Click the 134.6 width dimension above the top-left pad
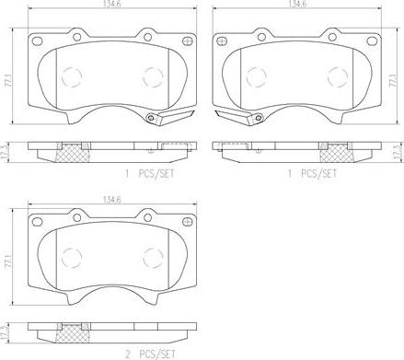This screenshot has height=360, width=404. click(111, 3)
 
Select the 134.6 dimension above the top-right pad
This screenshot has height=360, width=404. click(296, 3)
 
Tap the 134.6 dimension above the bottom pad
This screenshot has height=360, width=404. click(111, 200)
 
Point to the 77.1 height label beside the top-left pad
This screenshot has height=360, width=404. click(10, 81)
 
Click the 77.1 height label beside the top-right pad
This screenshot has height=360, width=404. click(394, 81)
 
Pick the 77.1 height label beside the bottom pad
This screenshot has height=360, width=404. click(10, 261)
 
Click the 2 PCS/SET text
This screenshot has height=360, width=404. click(151, 354)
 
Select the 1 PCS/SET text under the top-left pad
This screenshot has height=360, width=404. click(150, 174)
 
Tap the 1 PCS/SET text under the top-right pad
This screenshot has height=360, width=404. click(312, 174)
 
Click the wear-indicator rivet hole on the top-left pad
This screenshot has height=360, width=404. click(150, 118)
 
